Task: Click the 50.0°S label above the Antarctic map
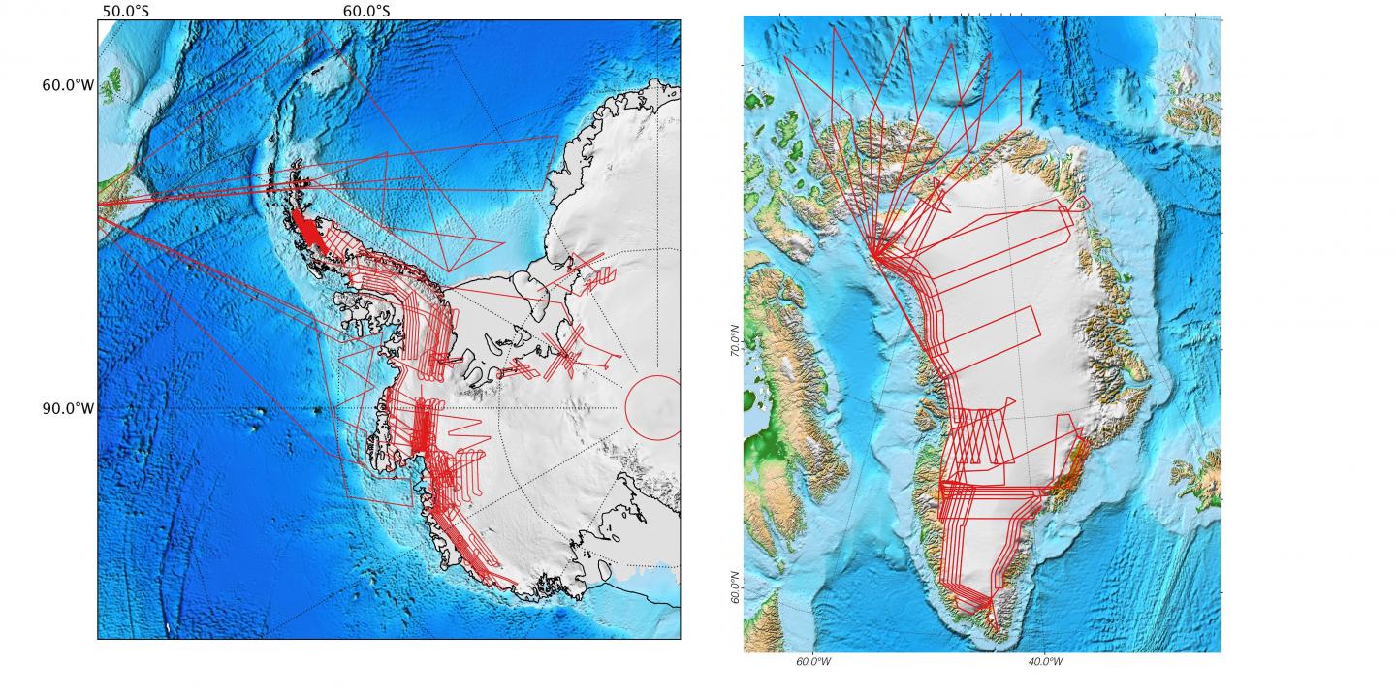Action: (125, 11)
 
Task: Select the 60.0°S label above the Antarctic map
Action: (367, 11)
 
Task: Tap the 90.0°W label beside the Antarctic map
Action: (68, 408)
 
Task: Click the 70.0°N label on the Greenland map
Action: (735, 340)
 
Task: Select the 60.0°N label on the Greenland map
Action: (735, 587)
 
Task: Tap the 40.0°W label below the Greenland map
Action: (1044, 662)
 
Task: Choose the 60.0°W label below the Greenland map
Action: (812, 662)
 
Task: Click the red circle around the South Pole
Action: (652, 406)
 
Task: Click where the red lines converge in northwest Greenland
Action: (874, 255)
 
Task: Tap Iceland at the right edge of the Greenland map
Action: (1194, 474)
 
